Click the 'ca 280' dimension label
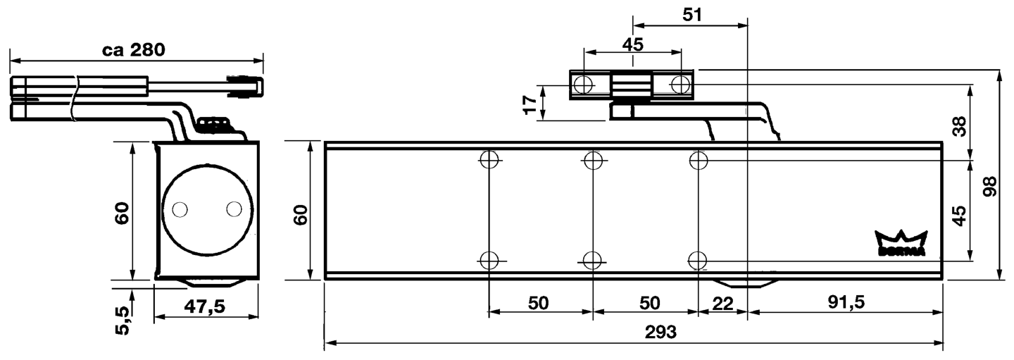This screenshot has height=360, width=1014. (x=133, y=50)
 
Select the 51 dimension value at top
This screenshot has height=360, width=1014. (x=693, y=14)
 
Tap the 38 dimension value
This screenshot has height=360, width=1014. (x=959, y=125)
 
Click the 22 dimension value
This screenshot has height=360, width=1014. (x=722, y=303)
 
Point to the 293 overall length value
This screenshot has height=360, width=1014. (x=660, y=332)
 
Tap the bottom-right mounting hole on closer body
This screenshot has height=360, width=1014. (x=697, y=260)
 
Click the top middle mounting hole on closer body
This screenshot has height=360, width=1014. (x=593, y=160)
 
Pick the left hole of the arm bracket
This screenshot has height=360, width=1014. (x=582, y=85)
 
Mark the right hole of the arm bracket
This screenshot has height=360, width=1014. (x=680, y=85)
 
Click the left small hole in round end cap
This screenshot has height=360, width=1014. (x=180, y=209)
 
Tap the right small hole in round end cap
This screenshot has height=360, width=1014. (x=234, y=209)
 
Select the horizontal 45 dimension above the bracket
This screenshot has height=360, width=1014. (x=632, y=44)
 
